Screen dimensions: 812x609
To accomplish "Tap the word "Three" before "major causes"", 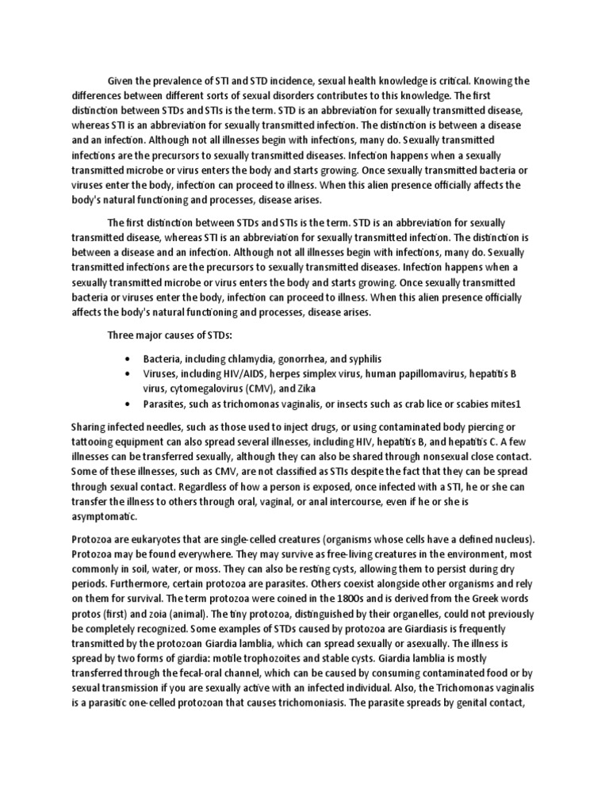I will coord(122,335).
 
